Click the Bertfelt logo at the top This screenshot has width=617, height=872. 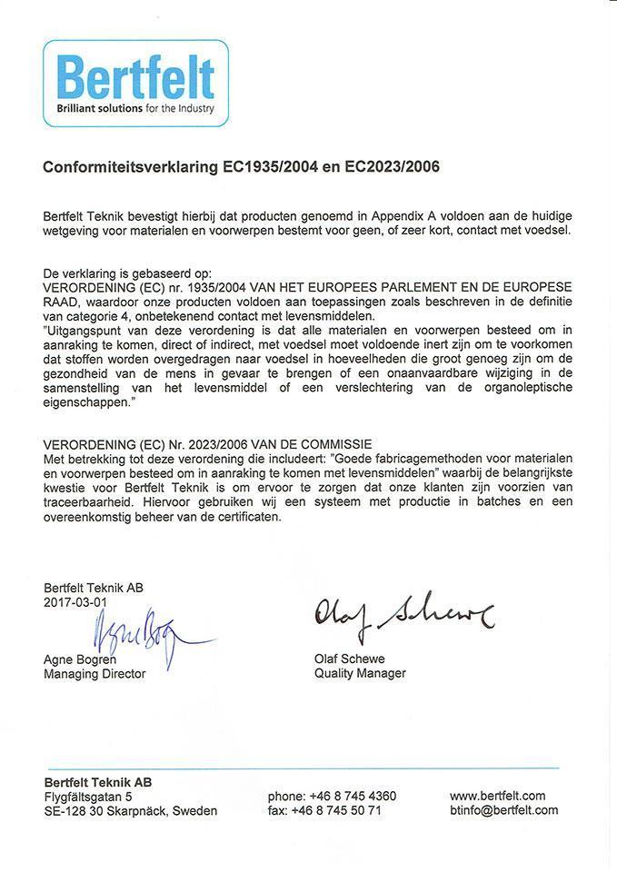135,82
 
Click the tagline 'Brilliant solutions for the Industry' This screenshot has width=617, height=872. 135,108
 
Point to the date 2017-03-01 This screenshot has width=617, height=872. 75,601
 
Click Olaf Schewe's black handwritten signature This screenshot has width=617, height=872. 403,618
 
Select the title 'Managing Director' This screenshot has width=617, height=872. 95,674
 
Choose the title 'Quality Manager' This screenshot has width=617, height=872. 360,673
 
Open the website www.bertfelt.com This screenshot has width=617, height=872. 497,797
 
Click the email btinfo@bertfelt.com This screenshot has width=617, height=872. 503,810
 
